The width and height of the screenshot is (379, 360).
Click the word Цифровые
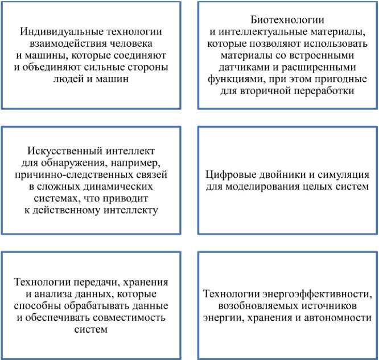[232, 175]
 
